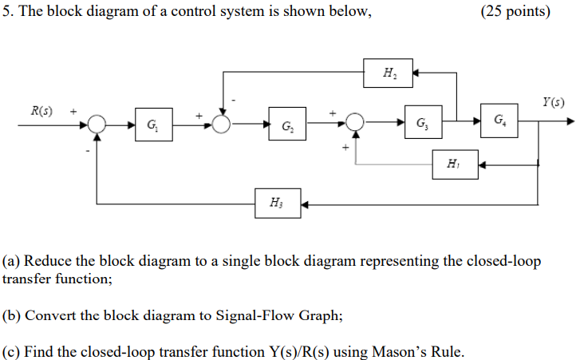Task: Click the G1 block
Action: pos(152,125)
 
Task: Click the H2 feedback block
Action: pos(389,73)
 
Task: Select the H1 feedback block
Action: pos(455,165)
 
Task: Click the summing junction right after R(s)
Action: pos(97,124)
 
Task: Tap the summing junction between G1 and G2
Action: pos(221,124)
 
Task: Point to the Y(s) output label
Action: pos(552,102)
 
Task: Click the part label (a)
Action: pos(11,262)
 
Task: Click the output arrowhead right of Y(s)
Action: pos(569,121)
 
